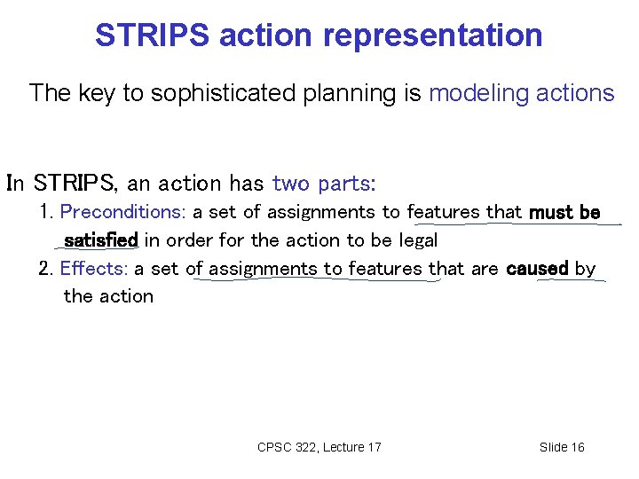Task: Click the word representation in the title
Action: pos(433,36)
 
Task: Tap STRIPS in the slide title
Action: pos(152,36)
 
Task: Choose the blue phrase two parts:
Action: pos(324,184)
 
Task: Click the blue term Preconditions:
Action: pos(122,212)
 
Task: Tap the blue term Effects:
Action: pos(94,268)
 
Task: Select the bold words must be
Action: pos(564,212)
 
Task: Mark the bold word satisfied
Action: pos(101,240)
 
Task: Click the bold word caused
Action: pos(537,268)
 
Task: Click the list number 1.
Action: pos(47,212)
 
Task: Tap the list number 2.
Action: pos(47,268)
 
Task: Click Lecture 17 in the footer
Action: pos(352,447)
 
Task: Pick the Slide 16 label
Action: pos(562,447)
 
